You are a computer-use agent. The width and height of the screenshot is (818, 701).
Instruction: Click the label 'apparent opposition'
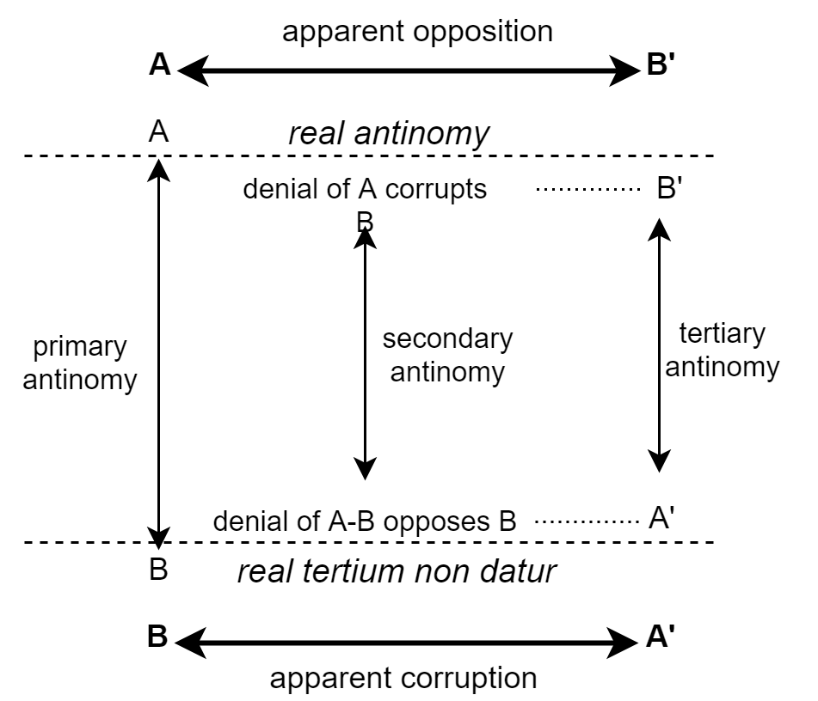pos(418,32)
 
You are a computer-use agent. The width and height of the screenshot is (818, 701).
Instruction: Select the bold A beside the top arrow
pos(159,66)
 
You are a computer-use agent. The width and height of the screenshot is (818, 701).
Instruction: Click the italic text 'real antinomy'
pos(388,133)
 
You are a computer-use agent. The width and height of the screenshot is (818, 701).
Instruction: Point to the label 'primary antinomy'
pos(79,363)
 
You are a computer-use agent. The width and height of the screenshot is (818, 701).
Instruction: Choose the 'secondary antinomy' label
pos(447,355)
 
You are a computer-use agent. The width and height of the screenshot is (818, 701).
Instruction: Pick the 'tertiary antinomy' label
pos(722,350)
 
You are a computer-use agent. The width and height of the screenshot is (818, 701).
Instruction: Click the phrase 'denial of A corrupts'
pos(365,189)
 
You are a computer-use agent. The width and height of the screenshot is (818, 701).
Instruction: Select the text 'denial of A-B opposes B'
pos(364,521)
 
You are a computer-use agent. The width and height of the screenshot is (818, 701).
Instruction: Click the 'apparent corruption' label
pos(403,678)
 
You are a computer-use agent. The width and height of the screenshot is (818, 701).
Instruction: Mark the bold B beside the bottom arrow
pos(157,637)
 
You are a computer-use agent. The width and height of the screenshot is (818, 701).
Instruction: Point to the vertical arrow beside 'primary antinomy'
pos(157,352)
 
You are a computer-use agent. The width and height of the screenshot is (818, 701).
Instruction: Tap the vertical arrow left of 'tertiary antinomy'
pos(658,344)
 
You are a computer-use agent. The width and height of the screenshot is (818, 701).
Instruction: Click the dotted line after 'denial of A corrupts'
pos(588,189)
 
